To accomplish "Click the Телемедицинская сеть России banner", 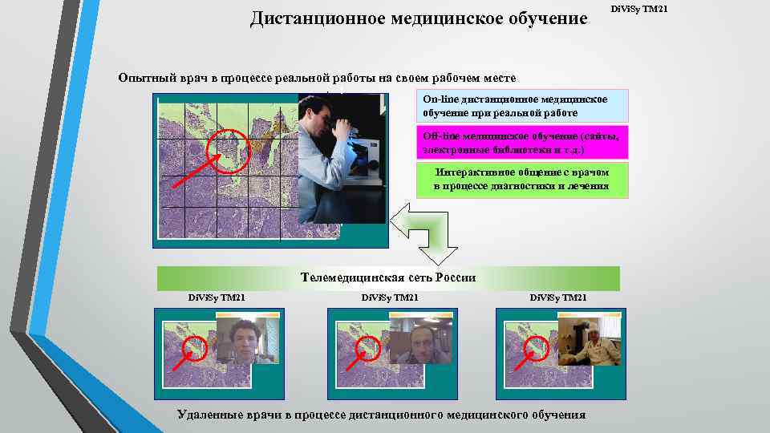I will [x=388, y=277].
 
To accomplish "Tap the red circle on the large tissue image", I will [x=229, y=150].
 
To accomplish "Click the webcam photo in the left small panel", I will [x=241, y=340].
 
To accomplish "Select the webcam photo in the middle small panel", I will [x=414, y=340].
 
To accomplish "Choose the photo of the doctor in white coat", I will [x=586, y=340].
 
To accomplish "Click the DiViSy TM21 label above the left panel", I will [x=216, y=298].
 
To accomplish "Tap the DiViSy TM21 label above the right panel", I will [x=558, y=298].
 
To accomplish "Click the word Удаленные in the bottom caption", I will [x=211, y=415].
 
